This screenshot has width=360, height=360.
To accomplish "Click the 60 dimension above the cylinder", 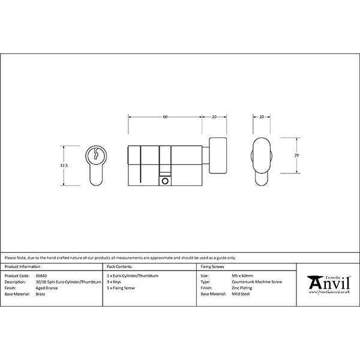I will coord(165,116).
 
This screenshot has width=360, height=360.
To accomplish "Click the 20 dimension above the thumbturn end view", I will coord(262,116).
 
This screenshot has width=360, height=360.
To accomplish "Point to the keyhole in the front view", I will coord(95,155).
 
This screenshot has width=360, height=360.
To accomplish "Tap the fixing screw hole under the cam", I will coord(164,179).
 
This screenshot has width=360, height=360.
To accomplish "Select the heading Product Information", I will coord(22,265).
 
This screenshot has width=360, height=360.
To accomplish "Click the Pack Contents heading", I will coord(118,265).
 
